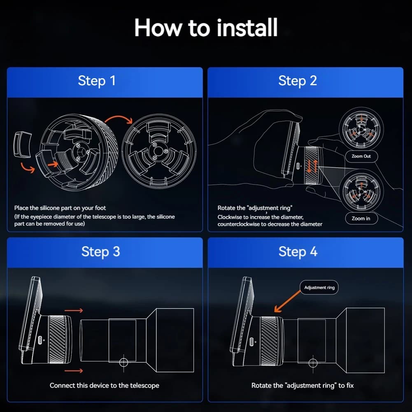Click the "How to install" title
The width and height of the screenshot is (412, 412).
(x=206, y=28)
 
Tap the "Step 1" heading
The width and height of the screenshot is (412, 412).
(x=97, y=81)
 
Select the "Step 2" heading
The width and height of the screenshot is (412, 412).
(x=298, y=81)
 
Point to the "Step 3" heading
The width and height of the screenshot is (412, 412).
(x=101, y=252)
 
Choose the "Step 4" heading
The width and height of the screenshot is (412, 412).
(x=298, y=252)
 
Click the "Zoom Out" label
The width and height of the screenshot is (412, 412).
(x=361, y=156)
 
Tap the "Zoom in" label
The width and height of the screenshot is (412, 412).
(x=361, y=219)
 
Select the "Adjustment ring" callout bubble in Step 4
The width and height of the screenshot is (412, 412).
(x=319, y=287)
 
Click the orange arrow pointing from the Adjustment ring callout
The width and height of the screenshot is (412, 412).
(x=287, y=301)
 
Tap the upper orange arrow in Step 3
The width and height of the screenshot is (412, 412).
(x=74, y=311)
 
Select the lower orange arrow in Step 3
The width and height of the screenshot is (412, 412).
(x=74, y=370)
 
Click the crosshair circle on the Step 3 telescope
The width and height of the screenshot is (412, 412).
(x=123, y=363)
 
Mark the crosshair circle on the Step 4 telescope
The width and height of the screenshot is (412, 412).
(x=313, y=364)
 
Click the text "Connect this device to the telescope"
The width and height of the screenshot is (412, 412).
(x=104, y=386)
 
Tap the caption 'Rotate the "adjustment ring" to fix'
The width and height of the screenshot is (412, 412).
(x=303, y=386)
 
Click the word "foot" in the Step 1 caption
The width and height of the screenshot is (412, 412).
(x=100, y=208)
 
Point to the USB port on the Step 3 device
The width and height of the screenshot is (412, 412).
(x=40, y=340)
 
